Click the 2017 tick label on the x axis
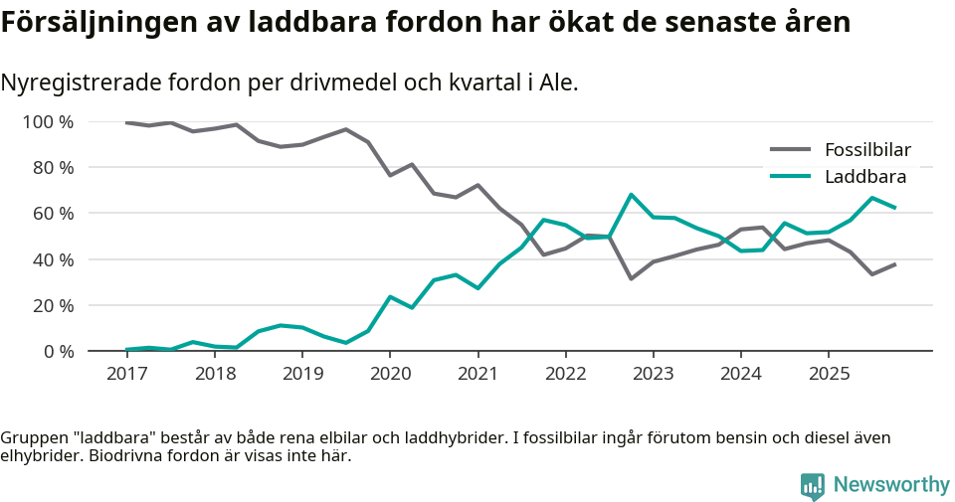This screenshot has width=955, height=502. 126,374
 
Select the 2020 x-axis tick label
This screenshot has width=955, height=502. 389,374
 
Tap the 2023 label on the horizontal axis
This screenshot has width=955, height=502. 653,374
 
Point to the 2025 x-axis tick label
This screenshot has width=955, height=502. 828,374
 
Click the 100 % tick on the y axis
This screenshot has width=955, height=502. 48,122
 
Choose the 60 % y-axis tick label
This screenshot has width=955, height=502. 53,214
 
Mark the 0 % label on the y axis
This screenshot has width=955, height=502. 58,351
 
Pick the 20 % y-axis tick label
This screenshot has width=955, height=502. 53,305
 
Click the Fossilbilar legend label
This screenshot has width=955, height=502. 867,150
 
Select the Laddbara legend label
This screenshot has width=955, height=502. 864,177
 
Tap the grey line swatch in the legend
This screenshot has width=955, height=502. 791,150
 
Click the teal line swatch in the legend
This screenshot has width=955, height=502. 791,177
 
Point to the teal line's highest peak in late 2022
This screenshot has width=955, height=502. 631,195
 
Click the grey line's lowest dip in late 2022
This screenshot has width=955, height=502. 631,278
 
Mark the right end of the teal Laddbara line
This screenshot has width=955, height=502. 895,208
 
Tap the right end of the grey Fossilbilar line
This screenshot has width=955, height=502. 895,264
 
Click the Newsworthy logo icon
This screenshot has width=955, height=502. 813,485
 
